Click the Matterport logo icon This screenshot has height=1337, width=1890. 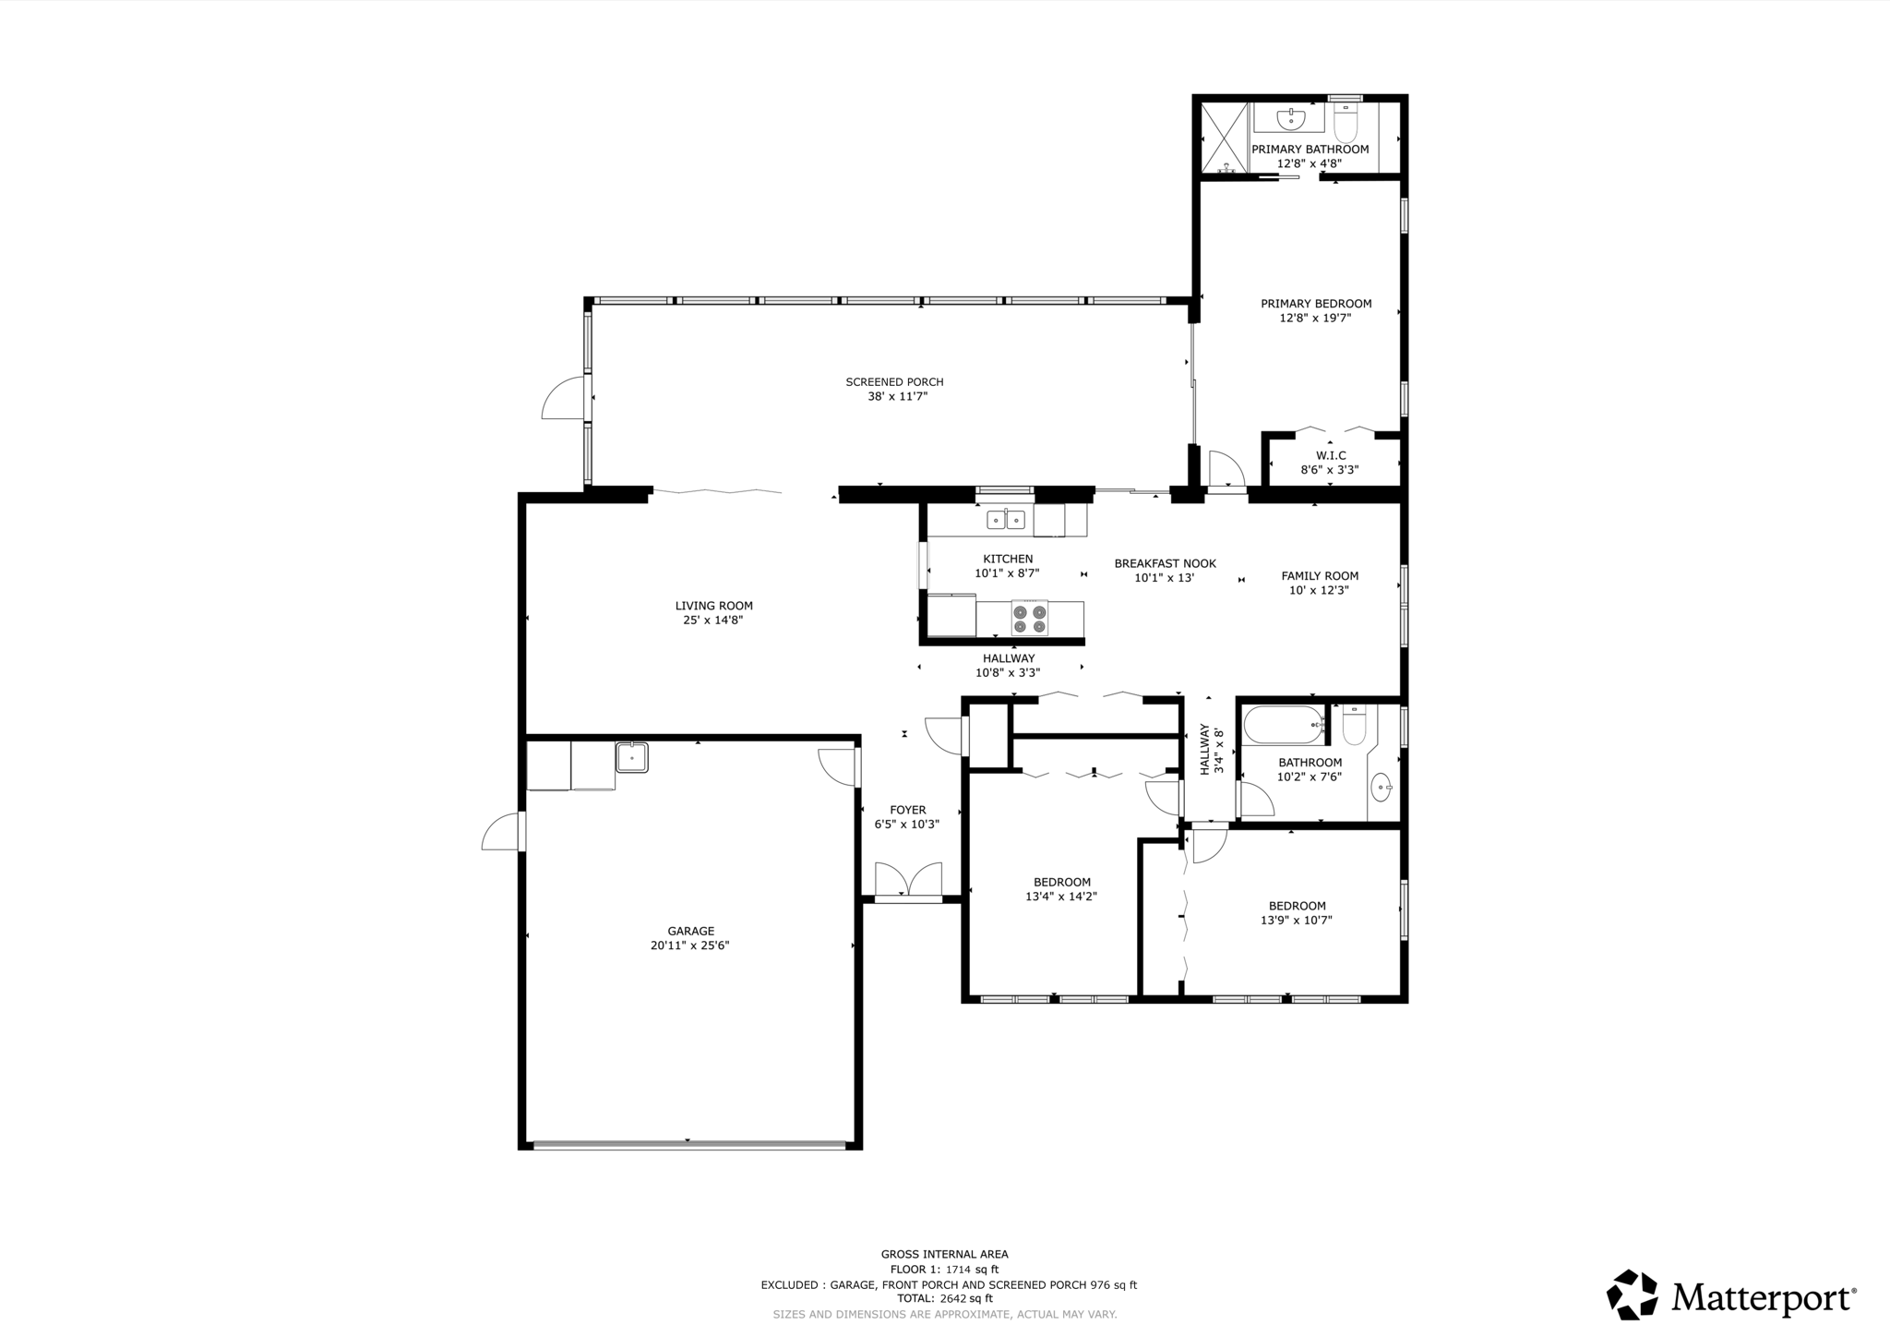coord(1633,1295)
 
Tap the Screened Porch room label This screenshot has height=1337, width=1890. coord(894,382)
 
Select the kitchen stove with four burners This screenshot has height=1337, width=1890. coord(1030,619)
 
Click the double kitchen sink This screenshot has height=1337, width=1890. coord(1006,520)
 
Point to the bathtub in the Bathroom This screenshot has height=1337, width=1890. coord(1283,726)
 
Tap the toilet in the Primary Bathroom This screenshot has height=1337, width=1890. coord(1346,124)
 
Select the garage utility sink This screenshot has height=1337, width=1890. coord(632,757)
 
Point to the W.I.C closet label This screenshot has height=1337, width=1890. coord(1331,455)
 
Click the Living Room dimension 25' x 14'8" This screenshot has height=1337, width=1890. coord(713,620)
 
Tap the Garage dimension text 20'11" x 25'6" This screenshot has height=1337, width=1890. coord(690,946)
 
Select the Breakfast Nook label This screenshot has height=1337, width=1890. coord(1165,563)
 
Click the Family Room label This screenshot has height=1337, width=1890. coord(1320,576)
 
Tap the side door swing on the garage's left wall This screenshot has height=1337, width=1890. coord(500,832)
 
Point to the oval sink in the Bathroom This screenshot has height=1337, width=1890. coord(1382,788)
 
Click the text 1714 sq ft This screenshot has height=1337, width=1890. coord(972,1270)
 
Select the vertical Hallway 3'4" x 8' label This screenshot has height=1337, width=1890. coord(1211,749)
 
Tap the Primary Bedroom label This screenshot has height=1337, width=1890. coord(1316,304)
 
